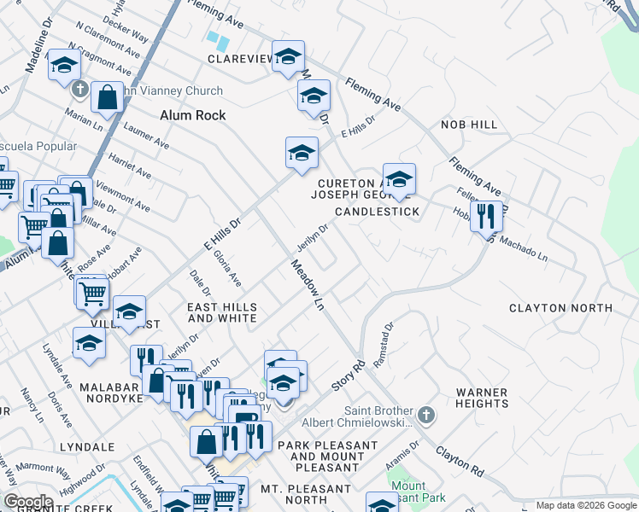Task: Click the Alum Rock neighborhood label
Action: pos(192,115)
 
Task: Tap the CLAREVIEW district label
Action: pos(239,59)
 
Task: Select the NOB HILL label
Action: pos(468,125)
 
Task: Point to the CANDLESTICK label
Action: pos(377,211)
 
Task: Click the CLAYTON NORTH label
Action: pos(560,307)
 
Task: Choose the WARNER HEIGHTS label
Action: pos(482,398)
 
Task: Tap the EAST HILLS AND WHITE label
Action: pos(222,312)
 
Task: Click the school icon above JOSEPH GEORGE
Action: pos(398,179)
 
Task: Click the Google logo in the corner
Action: pos(28,501)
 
